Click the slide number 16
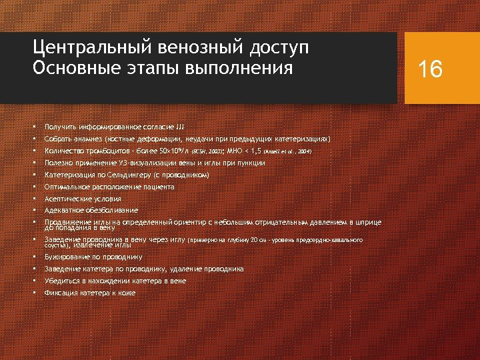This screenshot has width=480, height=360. pos(430,69)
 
